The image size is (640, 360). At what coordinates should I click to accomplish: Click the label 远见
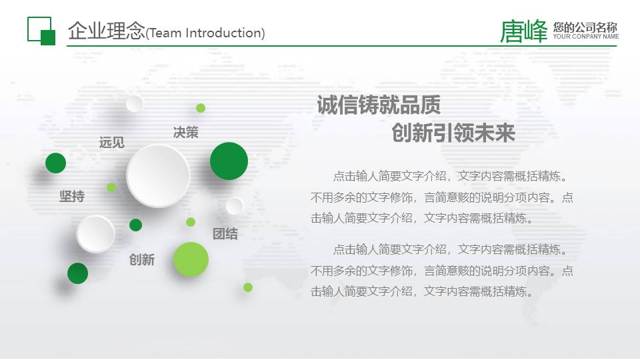tap(111, 143)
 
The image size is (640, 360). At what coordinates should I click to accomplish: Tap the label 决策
tap(185, 133)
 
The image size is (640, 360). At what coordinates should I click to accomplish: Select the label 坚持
tap(72, 197)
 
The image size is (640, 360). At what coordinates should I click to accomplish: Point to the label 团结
tap(225, 234)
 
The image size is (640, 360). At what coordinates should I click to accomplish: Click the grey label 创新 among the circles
tap(141, 260)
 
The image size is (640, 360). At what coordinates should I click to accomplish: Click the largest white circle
tap(158, 176)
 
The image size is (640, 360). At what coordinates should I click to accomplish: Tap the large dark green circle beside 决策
tap(229, 161)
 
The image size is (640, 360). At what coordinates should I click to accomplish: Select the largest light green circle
tap(191, 259)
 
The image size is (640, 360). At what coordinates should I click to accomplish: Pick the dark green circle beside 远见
tap(55, 163)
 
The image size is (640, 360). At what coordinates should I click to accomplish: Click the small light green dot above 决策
tap(201, 108)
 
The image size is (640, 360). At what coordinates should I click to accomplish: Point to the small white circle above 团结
tap(235, 205)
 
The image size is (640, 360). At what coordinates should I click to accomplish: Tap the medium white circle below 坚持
tap(95, 234)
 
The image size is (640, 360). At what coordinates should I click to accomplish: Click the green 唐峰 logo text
tap(524, 31)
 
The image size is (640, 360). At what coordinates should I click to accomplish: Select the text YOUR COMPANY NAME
tap(586, 37)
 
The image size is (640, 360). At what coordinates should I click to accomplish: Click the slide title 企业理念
tap(106, 31)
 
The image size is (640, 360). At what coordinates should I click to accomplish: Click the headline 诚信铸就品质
tap(379, 105)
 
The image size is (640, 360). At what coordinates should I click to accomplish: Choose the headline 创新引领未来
tap(453, 133)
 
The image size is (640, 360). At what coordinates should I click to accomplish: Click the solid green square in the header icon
tap(47, 37)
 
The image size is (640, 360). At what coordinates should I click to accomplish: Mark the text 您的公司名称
tap(585, 27)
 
